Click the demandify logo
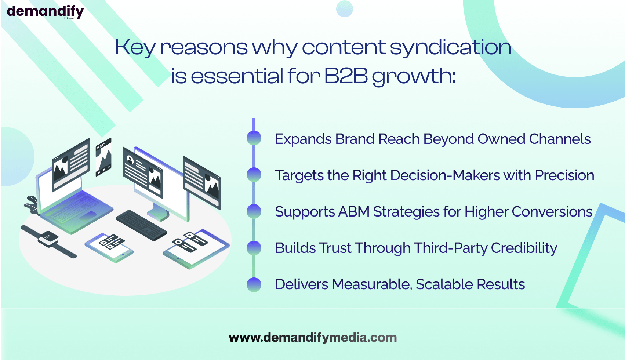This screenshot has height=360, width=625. [45, 12]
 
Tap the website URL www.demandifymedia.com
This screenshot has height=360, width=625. [313, 337]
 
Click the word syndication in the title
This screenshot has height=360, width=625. [450, 47]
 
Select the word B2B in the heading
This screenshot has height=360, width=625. [346, 76]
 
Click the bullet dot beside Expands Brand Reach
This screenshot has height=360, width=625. [254, 138]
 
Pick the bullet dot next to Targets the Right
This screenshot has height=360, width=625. [254, 175]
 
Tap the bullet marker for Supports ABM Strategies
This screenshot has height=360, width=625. [254, 211]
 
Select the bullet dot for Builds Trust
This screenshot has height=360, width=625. [254, 248]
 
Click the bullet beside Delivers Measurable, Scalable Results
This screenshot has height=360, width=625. [254, 285]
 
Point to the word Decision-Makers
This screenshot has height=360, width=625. [445, 175]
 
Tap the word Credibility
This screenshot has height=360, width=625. [524, 248]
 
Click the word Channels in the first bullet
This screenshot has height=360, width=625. [560, 139]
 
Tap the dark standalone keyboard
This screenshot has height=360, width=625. [141, 225]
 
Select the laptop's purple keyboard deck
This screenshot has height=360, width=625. [77, 212]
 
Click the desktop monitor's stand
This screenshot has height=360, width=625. [158, 213]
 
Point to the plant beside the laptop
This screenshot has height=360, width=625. [32, 205]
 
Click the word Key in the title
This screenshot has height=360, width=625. [135, 47]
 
